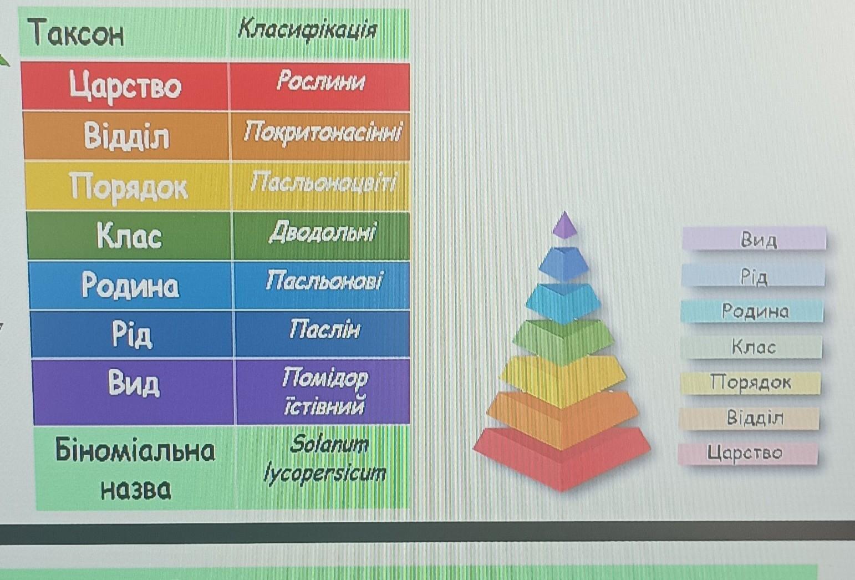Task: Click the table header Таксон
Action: tap(76, 33)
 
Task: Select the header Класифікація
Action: tap(308, 30)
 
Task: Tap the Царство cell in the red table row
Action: tap(125, 87)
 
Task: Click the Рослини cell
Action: tap(320, 87)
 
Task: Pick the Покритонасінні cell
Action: tap(320, 136)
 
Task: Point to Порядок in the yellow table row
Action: tap(128, 186)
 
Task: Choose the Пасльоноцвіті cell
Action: tap(321, 186)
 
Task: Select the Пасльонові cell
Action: tap(323, 285)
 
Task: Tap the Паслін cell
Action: tap(323, 334)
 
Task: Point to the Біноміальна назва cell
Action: tap(135, 469)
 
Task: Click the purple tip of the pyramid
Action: tap(564, 225)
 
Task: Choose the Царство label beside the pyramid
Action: tap(748, 453)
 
